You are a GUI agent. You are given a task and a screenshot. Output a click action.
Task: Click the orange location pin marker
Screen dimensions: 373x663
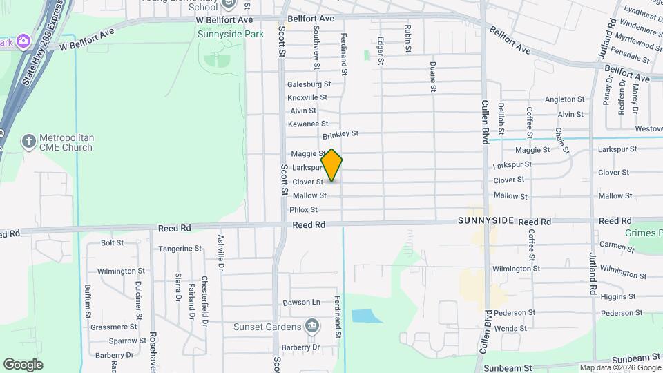click(331, 164)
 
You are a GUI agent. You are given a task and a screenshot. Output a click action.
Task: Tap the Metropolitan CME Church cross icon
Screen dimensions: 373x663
click(28, 142)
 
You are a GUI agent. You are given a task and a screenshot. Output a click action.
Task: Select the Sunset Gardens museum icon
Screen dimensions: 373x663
click(311, 326)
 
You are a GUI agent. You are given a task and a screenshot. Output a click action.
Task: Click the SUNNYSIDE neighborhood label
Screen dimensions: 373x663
click(486, 220)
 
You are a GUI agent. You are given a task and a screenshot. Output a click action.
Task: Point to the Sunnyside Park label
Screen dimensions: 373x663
click(231, 34)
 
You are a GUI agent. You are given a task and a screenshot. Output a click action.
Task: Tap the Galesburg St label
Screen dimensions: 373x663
click(309, 84)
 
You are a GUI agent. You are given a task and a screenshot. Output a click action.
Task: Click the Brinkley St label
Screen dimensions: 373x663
click(340, 133)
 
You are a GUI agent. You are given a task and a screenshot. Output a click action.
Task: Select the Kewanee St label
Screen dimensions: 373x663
click(308, 124)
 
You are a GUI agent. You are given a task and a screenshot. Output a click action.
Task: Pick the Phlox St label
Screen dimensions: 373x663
click(303, 209)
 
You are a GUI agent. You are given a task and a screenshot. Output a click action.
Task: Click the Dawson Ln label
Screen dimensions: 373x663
click(302, 303)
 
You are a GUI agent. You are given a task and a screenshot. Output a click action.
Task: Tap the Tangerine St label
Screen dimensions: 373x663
click(180, 248)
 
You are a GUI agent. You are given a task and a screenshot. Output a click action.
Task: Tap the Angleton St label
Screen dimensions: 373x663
click(564, 99)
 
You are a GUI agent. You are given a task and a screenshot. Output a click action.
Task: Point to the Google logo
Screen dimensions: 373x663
click(23, 364)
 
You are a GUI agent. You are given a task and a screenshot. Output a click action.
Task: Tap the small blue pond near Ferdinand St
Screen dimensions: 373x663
click(367, 316)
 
